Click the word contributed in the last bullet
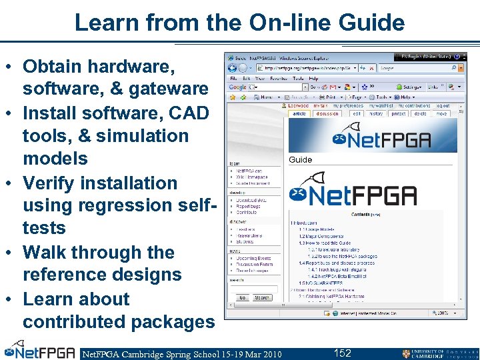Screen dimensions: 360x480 click(74, 322)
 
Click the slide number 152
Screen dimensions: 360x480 click(342, 353)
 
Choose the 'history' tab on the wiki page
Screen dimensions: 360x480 click(377, 113)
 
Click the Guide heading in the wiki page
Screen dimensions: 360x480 click(300, 160)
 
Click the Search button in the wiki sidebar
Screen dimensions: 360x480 click(262, 297)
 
